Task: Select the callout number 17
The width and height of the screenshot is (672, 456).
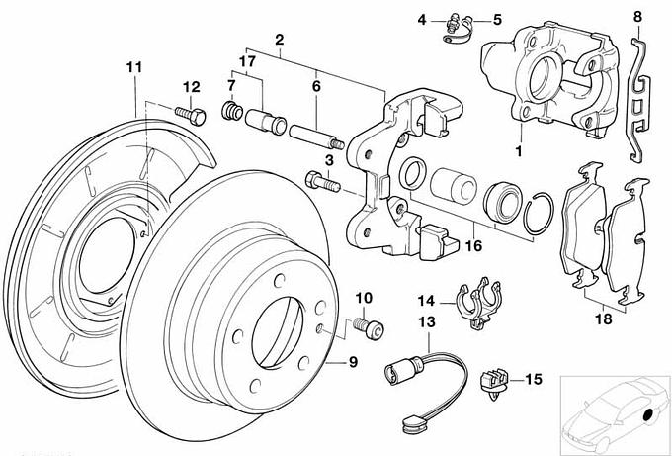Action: (x=246, y=61)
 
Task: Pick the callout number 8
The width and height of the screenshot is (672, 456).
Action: (x=637, y=17)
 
